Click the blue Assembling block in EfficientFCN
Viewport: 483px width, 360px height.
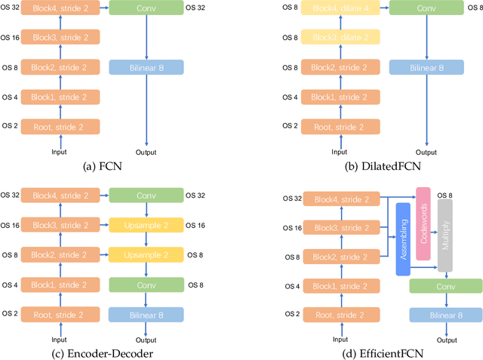(403, 238)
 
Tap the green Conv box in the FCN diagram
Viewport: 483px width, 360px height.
(146, 8)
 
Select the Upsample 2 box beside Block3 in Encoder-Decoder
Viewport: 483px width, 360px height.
(146, 226)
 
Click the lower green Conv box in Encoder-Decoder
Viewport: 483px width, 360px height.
(146, 285)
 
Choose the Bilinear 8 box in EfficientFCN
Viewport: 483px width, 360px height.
(445, 315)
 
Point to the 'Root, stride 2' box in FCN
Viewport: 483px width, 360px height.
(59, 126)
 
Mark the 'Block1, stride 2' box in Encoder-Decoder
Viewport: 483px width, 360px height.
(59, 285)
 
